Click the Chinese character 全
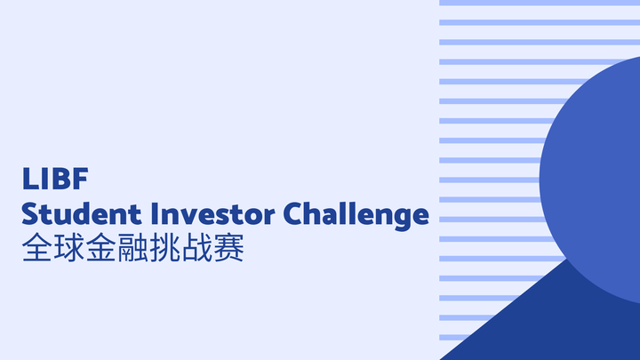pyautogui.click(x=37, y=248)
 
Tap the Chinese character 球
pyautogui.click(x=69, y=248)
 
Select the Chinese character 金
pyautogui.click(x=101, y=248)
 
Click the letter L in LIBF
pyautogui.click(x=29, y=179)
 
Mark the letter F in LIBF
pyautogui.click(x=81, y=179)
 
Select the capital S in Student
pyautogui.click(x=30, y=214)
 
